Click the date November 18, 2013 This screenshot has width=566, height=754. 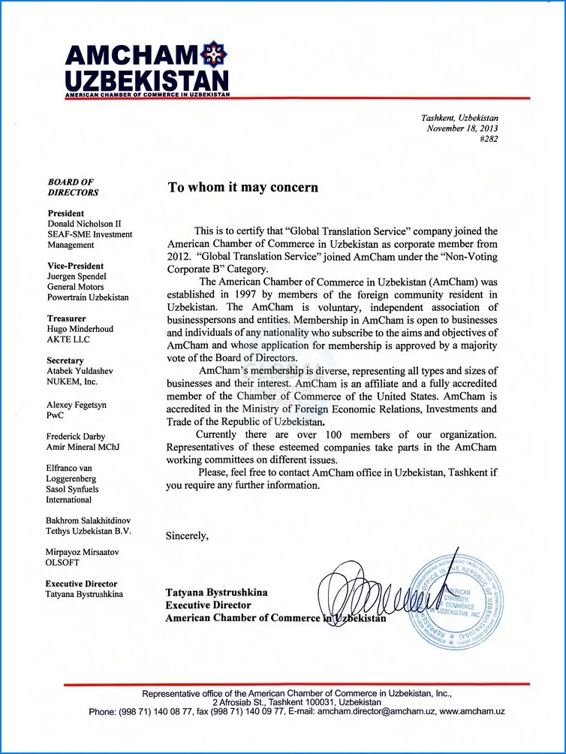[462, 128]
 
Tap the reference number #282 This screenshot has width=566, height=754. [488, 139]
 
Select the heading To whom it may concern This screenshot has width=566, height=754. [242, 187]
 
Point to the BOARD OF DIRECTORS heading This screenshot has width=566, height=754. [73, 187]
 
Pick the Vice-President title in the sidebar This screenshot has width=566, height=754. [76, 266]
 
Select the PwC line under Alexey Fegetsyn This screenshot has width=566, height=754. [56, 415]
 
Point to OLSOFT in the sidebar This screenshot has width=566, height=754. [64, 562]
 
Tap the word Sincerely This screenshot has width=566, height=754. [187, 535]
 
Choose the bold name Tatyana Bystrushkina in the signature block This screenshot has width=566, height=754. [216, 593]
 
